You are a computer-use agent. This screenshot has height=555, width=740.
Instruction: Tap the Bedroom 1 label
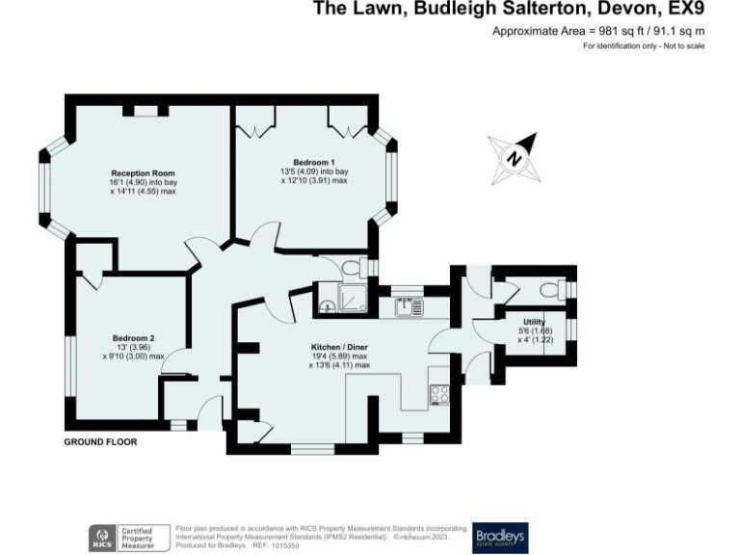pyautogui.click(x=314, y=161)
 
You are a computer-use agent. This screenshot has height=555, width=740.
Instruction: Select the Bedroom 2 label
pyautogui.click(x=133, y=337)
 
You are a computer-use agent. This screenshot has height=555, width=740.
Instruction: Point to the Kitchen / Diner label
pyautogui.click(x=339, y=346)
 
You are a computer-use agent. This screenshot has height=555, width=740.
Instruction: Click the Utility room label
pyautogui.click(x=534, y=321)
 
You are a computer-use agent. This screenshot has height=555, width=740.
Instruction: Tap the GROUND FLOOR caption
pyautogui.click(x=100, y=442)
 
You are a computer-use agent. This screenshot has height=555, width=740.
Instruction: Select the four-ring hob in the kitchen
pyautogui.click(x=440, y=393)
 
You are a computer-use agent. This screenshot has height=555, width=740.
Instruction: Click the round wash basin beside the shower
pyautogui.click(x=328, y=306)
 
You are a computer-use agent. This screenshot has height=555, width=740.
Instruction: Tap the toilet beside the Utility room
pyautogui.click(x=551, y=288)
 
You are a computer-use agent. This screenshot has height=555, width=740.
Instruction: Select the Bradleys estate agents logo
pyautogui.click(x=500, y=538)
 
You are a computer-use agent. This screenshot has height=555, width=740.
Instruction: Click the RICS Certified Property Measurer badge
pyautogui.click(x=125, y=538)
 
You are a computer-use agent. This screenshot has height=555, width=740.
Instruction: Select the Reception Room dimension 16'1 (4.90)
pyautogui.click(x=122, y=182)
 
